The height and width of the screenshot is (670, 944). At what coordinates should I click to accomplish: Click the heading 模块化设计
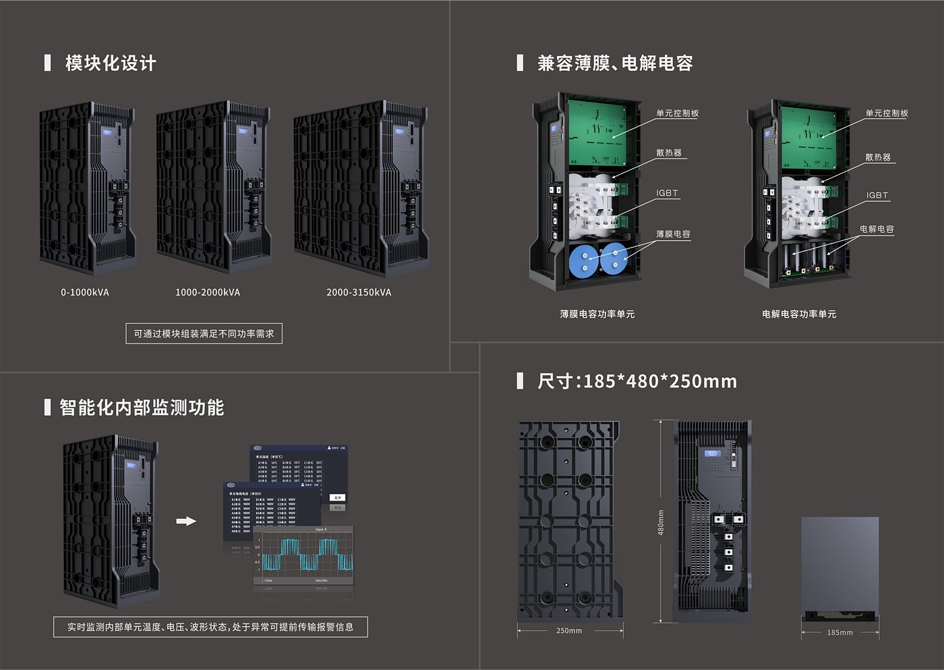click(111, 63)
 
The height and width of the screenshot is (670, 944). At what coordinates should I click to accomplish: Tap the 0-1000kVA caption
click(85, 292)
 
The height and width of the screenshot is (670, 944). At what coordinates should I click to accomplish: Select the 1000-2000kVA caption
click(208, 292)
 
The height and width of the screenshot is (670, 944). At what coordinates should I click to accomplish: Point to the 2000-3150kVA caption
click(359, 292)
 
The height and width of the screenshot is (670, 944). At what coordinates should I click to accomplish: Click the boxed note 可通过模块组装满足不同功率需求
click(204, 333)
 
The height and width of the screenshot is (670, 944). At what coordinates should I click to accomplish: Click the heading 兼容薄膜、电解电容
click(614, 63)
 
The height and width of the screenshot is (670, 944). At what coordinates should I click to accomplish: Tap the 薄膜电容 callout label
click(673, 234)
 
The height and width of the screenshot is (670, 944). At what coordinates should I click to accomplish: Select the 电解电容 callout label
click(877, 229)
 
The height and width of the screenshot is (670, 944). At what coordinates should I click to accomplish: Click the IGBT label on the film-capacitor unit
click(667, 193)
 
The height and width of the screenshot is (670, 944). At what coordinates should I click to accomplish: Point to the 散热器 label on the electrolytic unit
click(878, 157)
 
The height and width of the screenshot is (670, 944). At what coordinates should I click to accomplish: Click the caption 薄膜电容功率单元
click(597, 314)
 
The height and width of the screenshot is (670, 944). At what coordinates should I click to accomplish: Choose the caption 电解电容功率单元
click(799, 314)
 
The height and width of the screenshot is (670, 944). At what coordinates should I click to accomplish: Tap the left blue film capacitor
click(584, 262)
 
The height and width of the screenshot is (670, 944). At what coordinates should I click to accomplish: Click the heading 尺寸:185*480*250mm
click(637, 381)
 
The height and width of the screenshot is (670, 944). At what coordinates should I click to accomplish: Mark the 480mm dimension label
click(661, 522)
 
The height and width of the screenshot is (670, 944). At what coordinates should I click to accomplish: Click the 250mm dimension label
click(569, 631)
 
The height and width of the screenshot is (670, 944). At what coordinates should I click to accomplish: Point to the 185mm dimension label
click(839, 632)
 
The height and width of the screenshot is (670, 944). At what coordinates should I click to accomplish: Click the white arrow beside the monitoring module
click(186, 521)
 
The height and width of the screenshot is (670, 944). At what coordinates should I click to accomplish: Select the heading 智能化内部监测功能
click(142, 408)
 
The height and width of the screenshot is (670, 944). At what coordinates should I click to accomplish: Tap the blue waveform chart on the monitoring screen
click(307, 555)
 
